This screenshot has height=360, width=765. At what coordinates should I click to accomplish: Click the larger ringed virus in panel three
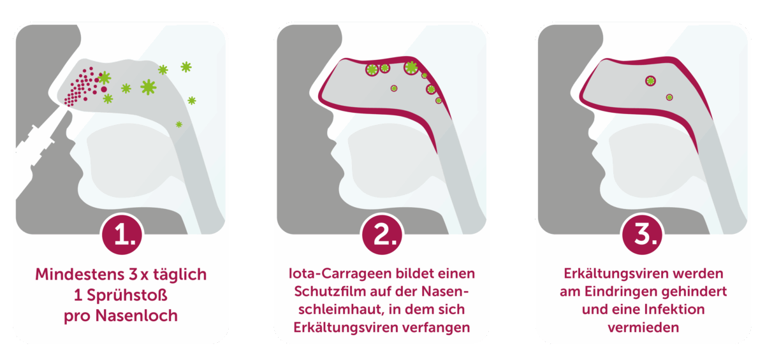(650, 80)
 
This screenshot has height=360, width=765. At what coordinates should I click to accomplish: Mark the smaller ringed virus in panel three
(669, 97)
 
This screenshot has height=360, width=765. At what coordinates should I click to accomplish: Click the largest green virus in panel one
(149, 87)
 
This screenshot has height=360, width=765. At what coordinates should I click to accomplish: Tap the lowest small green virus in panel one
(178, 124)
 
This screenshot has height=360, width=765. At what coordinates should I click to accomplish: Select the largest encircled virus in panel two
(411, 67)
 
